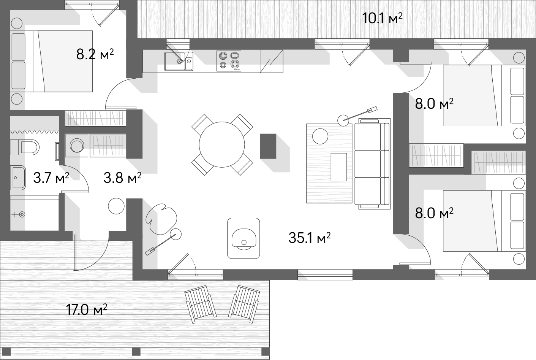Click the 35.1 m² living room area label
coord(310,238)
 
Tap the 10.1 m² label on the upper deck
coord(383,18)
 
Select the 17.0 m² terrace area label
coord(87,309)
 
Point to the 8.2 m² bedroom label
coord(95,54)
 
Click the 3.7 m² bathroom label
coord(51,178)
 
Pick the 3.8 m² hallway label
coord(123,178)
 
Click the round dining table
coord(222,144)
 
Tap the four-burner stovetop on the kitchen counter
coord(229,61)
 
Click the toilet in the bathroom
coord(25,147)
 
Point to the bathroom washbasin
coord(18,178)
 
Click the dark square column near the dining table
coord(268,146)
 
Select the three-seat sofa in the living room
coord(372,163)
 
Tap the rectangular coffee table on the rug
coord(339,167)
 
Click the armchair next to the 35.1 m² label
coord(243,238)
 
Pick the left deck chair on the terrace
coord(201,304)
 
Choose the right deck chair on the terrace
coord(244,304)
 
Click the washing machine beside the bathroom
coord(77,145)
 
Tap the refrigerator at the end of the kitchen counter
coord(272,61)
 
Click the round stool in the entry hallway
coord(116,206)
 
